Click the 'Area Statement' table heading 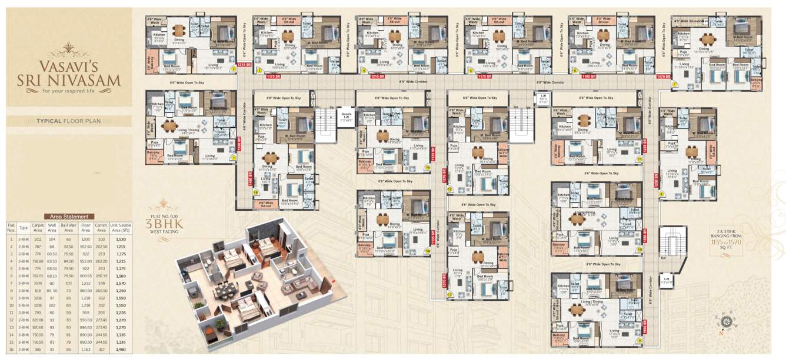[x=69, y=217]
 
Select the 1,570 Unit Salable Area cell [x=121, y=283]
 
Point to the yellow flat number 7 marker [x=675, y=84]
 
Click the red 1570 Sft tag [x=663, y=76]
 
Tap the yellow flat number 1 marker [x=234, y=157]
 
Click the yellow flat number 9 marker [x=640, y=341]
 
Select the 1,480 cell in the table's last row [x=121, y=350]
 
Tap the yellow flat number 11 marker [x=640, y=159]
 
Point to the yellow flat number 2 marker [x=234, y=69]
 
